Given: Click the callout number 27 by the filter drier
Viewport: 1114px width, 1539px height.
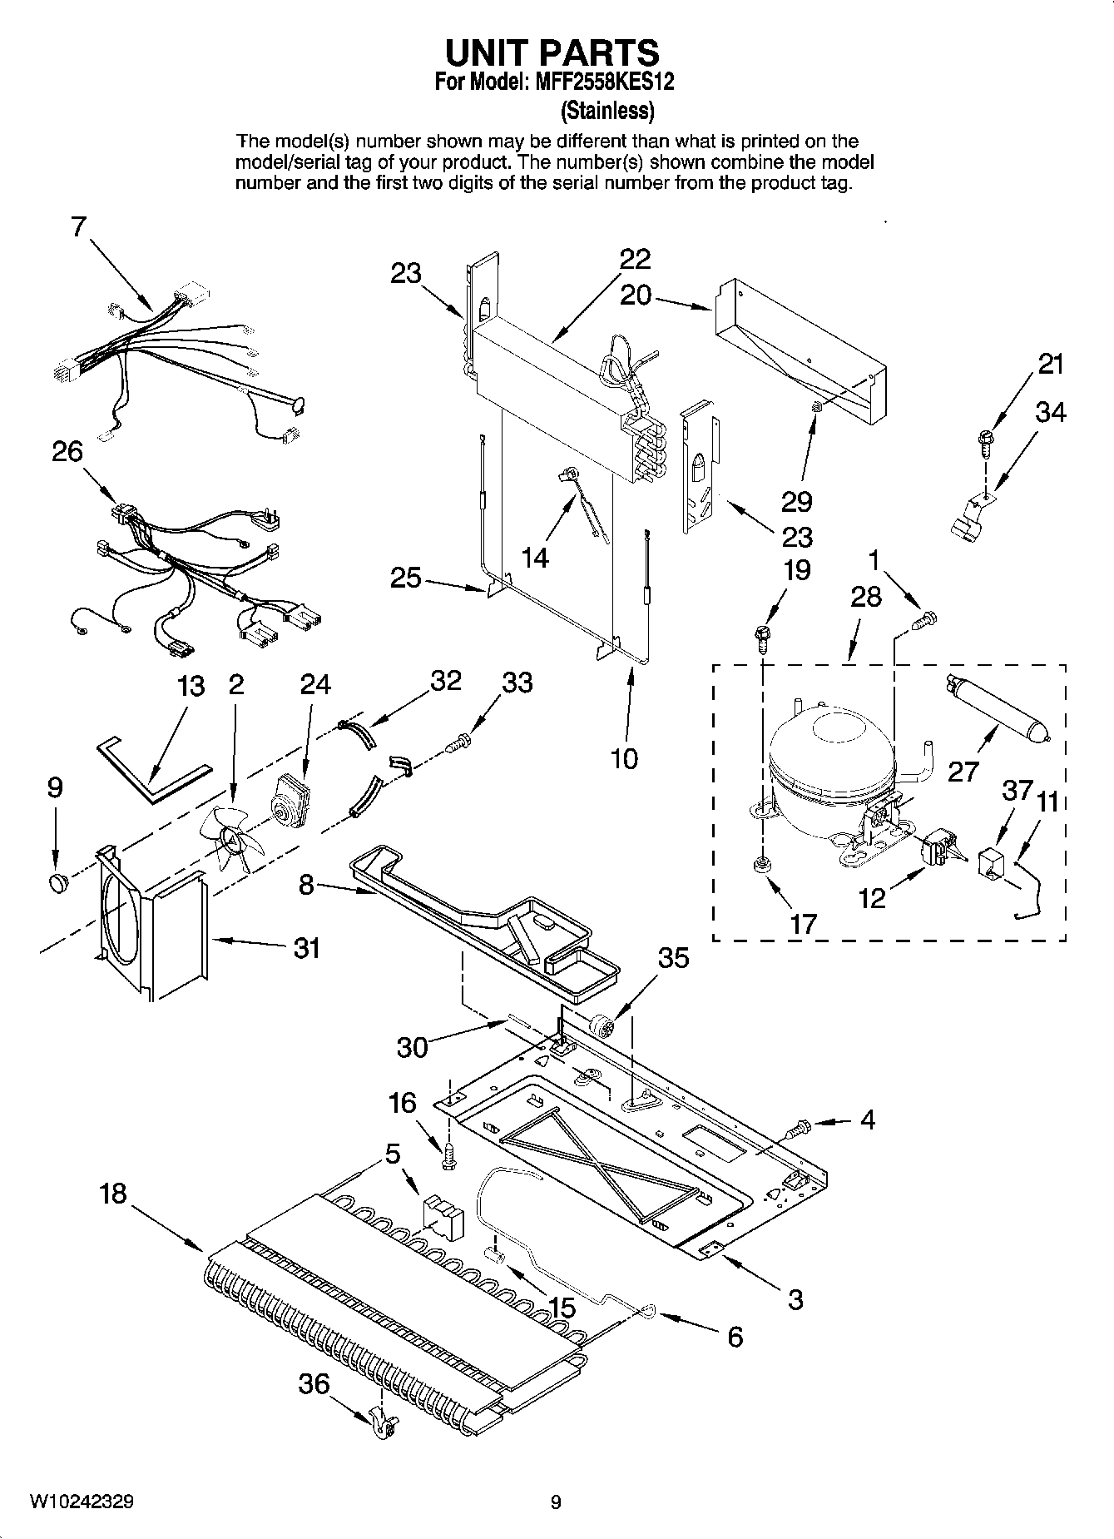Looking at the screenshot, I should pos(963,771).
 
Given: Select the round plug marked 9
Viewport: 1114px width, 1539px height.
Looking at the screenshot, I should pos(57,880).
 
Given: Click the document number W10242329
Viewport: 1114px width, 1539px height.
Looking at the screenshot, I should pos(82,1502).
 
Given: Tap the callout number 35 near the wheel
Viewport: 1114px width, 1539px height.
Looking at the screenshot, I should pos(673,958).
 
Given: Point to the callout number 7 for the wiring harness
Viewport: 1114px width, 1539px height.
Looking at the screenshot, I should pos(78,226).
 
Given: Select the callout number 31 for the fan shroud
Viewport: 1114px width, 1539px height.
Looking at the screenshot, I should pos(306,947).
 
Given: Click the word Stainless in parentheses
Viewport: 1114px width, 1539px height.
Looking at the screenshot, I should pos(607,110).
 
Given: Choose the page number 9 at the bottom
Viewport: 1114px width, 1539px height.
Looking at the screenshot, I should pos(556,1502).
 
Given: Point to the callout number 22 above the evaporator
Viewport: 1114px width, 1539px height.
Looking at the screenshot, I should pos(634,259).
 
